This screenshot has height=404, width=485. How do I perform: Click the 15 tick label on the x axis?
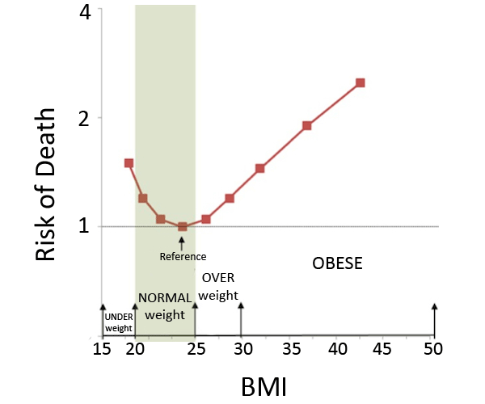pos(102,349)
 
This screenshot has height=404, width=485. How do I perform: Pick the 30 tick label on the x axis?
pos(241,349)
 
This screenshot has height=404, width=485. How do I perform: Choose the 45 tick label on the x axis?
pos(382,349)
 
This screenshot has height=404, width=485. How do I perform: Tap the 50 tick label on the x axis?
pos(434,349)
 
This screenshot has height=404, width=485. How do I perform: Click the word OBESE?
pos(337,264)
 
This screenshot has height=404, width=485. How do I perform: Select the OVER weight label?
pos(218,287)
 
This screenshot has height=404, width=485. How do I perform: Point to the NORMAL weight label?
pos(165,305)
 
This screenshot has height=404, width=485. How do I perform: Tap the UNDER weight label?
pos(118,322)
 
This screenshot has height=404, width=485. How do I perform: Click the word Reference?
pos(183,256)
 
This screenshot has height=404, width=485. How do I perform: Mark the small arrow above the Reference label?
pos(182,243)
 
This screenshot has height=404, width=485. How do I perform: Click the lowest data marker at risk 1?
pos(182,227)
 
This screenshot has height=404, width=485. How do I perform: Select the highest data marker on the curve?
pos(360,82)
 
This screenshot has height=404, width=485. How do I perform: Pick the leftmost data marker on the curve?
pos(129,163)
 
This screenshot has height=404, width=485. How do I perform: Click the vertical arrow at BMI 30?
pos(241,318)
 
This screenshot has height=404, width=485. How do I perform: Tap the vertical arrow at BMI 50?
pos(434,318)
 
